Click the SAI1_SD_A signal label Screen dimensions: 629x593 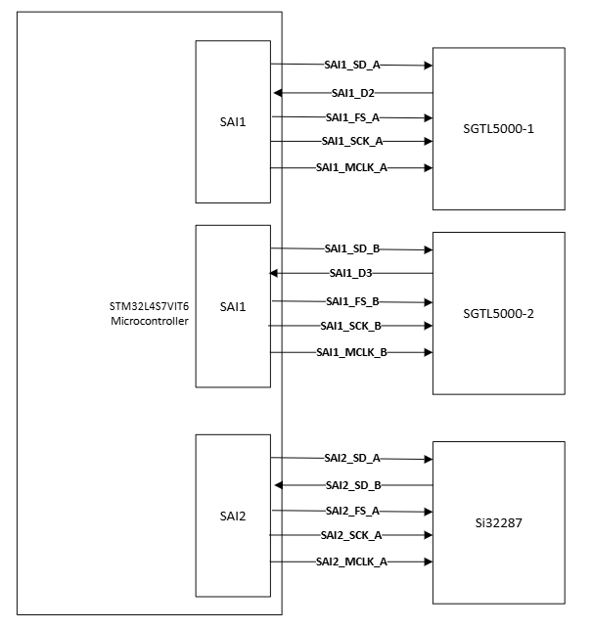(x=351, y=66)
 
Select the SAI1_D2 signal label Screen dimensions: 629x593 (x=352, y=93)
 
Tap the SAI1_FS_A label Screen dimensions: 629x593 (x=351, y=117)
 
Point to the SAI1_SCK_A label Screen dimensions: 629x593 (x=351, y=142)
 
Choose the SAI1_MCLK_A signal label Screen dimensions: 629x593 (x=351, y=167)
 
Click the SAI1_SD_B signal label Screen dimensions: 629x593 (x=351, y=249)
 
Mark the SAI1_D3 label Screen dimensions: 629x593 (x=352, y=273)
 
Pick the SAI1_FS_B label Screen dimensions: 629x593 (x=351, y=300)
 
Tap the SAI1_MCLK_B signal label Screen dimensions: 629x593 (x=351, y=352)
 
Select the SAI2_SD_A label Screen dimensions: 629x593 (x=351, y=458)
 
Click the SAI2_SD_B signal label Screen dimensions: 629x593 (x=352, y=485)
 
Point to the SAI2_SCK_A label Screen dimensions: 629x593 (x=351, y=535)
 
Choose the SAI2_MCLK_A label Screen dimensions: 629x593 (x=351, y=562)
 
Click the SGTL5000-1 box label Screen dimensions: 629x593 (x=498, y=129)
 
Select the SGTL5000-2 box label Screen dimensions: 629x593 (x=498, y=313)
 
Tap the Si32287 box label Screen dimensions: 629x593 (x=498, y=522)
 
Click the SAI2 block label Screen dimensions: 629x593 (x=233, y=515)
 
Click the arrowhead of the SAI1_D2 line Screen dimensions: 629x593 (x=278, y=93)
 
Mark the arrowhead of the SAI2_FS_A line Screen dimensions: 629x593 (x=428, y=511)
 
